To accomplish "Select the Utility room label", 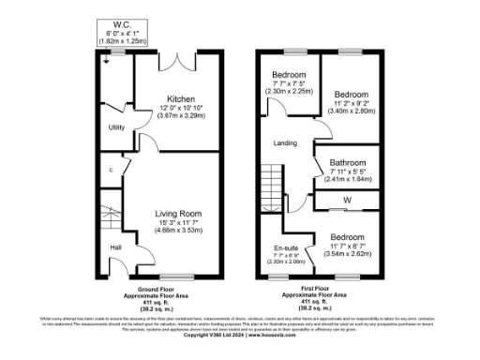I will pos(117,127).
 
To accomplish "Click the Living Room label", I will pos(179,214).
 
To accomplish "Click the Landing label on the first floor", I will pos(285,143).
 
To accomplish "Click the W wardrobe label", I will pos(347,199).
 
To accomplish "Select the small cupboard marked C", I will pos(112,170).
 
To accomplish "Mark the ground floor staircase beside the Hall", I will pos(108,220).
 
